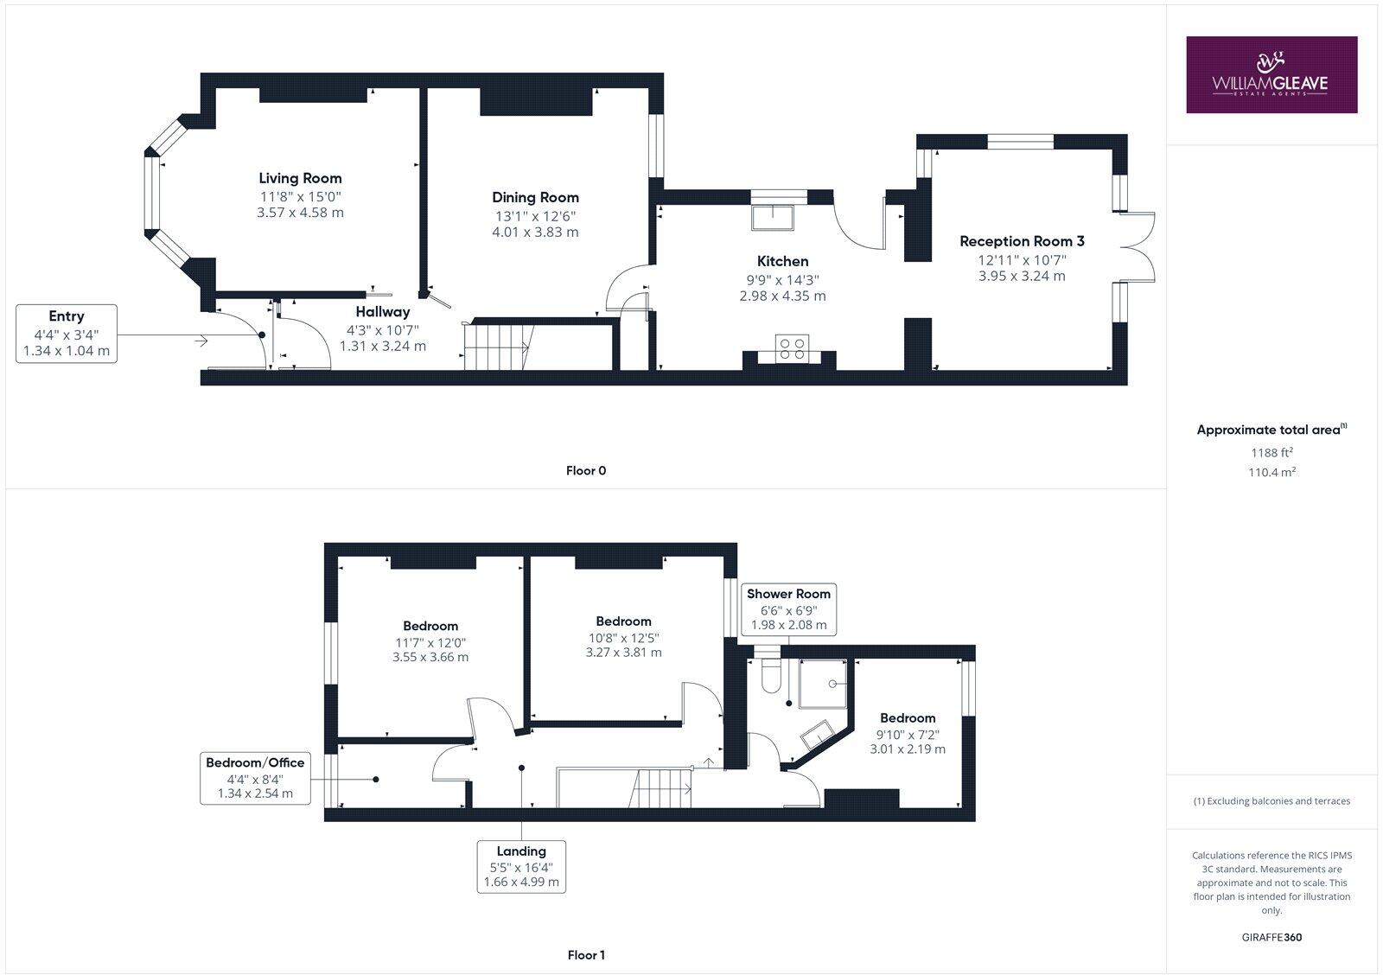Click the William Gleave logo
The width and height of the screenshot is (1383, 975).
tap(1271, 74)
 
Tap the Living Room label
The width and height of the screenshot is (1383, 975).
tap(300, 179)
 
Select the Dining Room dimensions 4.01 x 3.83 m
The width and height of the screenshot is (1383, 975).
tap(535, 232)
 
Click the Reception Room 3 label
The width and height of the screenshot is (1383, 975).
tap(1022, 241)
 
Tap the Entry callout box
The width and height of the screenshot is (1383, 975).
tap(67, 333)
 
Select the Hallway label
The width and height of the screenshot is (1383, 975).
tap(383, 312)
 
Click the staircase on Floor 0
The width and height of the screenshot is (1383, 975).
tap(498, 347)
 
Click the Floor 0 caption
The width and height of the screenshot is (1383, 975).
tap(586, 471)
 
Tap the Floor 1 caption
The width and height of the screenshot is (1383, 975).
tap(586, 955)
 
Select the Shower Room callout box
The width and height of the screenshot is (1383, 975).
tap(788, 609)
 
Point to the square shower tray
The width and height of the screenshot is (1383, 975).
tap(822, 683)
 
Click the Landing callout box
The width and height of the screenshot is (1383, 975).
tap(521, 866)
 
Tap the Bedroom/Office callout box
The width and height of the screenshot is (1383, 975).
tap(255, 777)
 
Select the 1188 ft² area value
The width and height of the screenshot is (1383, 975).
tap(1271, 452)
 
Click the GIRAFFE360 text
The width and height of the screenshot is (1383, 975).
tap(1271, 937)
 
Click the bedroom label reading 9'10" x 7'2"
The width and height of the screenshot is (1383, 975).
tap(908, 733)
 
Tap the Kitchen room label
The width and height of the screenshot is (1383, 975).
tap(782, 261)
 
